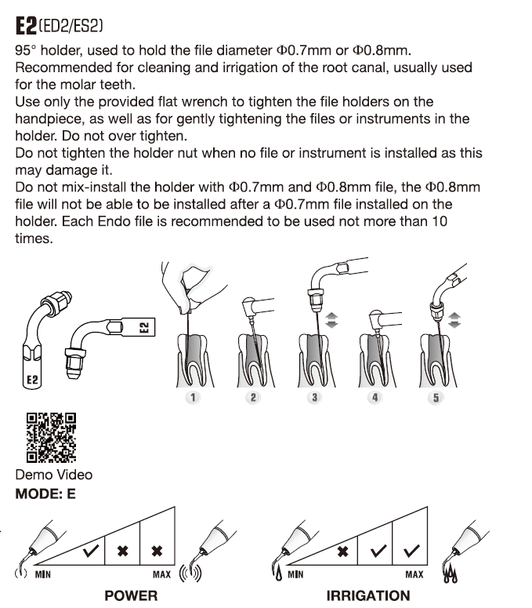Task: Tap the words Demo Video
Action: click(x=53, y=475)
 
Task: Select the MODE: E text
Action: click(x=45, y=495)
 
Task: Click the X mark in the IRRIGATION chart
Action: click(x=342, y=552)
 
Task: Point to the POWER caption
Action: click(x=131, y=595)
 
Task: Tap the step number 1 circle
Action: click(x=192, y=398)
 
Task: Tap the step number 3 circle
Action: click(x=315, y=398)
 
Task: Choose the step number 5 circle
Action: click(x=436, y=398)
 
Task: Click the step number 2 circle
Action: click(x=253, y=398)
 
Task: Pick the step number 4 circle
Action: click(x=375, y=398)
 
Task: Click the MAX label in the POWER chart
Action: click(x=161, y=574)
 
